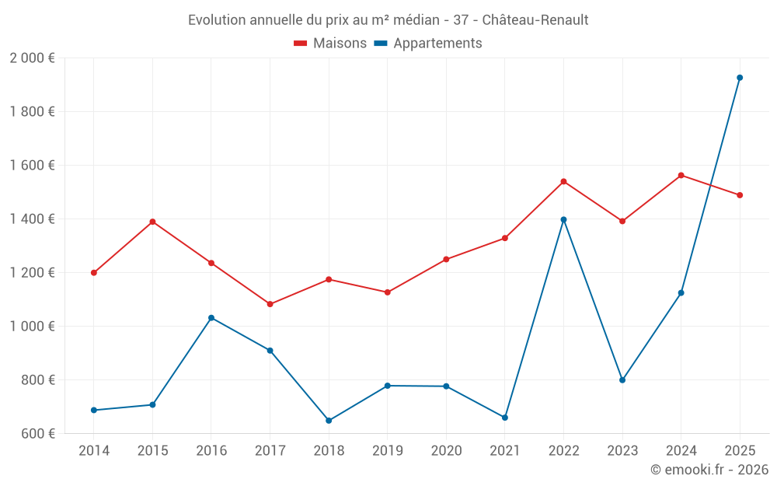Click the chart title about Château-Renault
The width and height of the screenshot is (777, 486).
click(x=388, y=19)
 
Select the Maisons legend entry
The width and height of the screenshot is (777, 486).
click(x=330, y=44)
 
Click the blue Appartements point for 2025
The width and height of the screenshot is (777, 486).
click(x=740, y=78)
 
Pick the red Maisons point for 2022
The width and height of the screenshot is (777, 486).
click(x=563, y=181)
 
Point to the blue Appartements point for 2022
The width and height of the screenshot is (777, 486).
click(x=563, y=219)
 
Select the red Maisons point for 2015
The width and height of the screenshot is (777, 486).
click(x=152, y=222)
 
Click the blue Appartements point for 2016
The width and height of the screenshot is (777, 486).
click(x=211, y=317)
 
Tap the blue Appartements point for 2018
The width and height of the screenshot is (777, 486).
click(x=329, y=421)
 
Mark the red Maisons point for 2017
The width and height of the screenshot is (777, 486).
click(x=270, y=304)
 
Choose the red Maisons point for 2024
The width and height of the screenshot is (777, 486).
click(x=681, y=175)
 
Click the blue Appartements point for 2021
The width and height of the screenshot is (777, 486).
click(x=505, y=418)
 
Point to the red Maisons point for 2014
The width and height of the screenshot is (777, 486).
click(x=94, y=273)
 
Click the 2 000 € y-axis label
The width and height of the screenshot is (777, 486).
click(x=32, y=58)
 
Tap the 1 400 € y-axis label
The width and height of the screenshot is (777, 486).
click(x=32, y=219)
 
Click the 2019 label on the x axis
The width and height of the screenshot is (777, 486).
click(x=388, y=451)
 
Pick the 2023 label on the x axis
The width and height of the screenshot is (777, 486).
click(x=622, y=451)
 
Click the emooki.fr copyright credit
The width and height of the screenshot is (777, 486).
click(x=709, y=470)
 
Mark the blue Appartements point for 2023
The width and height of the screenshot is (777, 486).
click(x=622, y=380)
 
